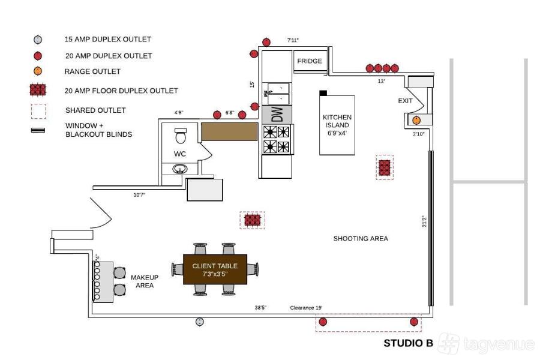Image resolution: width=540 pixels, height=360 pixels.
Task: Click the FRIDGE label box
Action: tap(310, 61)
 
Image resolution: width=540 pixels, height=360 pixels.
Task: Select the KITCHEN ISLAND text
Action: tap(337, 125)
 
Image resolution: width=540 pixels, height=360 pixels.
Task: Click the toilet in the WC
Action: tap(181, 136)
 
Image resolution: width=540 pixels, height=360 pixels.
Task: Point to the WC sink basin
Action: tap(180, 169)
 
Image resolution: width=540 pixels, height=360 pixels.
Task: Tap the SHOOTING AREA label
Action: tap(361, 238)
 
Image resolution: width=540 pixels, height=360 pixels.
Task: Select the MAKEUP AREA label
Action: tap(145, 281)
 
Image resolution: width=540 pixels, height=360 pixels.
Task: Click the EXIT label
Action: tap(406, 101)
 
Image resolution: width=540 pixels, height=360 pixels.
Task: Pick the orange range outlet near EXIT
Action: tap(416, 120)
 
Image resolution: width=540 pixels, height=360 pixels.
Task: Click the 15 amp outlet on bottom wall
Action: tap(200, 322)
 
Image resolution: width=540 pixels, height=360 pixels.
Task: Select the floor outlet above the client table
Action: tap(253, 220)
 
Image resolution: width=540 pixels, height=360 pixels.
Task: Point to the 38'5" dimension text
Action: tap(260, 308)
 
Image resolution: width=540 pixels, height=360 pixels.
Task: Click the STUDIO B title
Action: tap(408, 343)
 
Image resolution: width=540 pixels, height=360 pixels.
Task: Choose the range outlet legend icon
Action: tap(38, 71)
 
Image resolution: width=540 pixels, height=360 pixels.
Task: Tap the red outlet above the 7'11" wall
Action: tap(266, 41)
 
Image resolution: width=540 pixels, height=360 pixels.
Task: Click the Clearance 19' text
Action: tap(306, 308)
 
